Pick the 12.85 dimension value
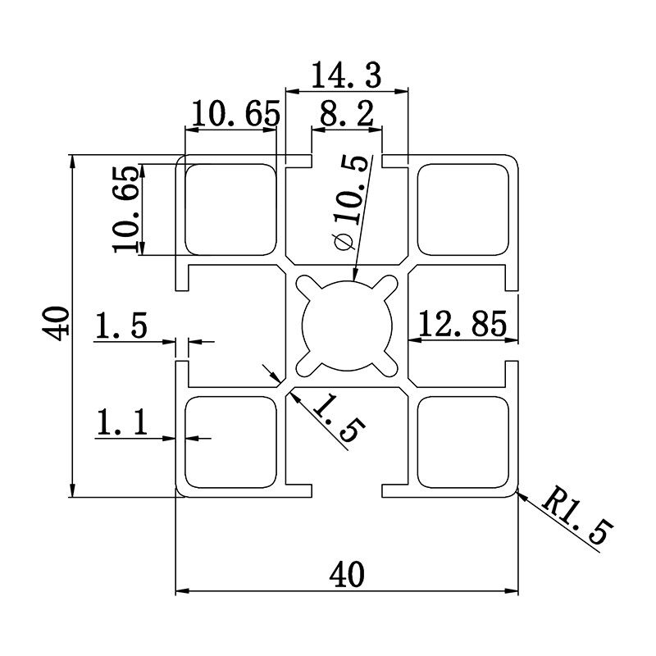(x=463, y=326)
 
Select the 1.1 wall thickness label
(x=121, y=424)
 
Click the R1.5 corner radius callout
(x=576, y=517)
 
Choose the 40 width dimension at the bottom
(x=348, y=574)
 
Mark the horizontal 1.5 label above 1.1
(x=121, y=326)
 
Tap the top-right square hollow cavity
(x=464, y=209)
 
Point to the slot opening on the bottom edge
(x=348, y=491)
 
